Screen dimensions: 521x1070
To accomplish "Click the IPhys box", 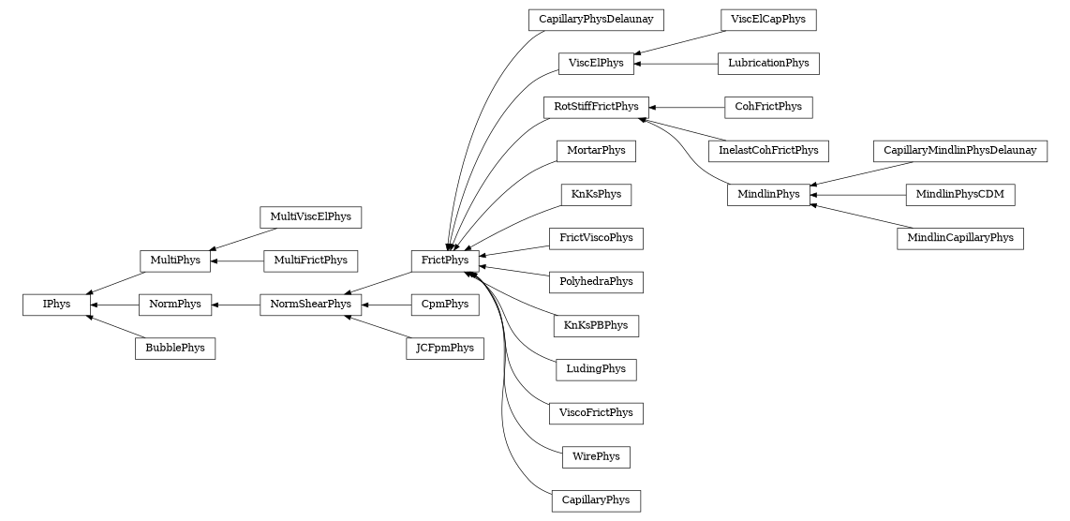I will pyautogui.click(x=56, y=305).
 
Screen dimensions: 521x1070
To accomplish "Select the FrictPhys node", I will pyautogui.click(x=445, y=260).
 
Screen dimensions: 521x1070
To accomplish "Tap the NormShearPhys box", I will pyautogui.click(x=310, y=305).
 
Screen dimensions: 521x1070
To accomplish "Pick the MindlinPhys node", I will pyautogui.click(x=768, y=195).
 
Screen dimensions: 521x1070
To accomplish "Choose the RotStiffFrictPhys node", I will pyautogui.click(x=596, y=107).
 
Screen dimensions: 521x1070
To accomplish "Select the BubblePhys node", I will pyautogui.click(x=175, y=349).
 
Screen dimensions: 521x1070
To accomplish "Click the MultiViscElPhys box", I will pyautogui.click(x=310, y=216).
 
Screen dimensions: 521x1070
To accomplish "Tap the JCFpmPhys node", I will pyautogui.click(x=445, y=349).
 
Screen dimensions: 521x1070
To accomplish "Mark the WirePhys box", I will pyautogui.click(x=596, y=457).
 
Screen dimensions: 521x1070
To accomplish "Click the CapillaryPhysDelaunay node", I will pyautogui.click(x=596, y=19).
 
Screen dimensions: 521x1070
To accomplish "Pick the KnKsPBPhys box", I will pyautogui.click(x=596, y=326).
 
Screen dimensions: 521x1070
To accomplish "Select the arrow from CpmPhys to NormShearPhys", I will pyautogui.click(x=386, y=305).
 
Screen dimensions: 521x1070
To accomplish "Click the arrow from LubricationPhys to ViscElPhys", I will pyautogui.click(x=675, y=64).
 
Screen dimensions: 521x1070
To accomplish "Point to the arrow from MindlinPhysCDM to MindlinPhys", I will pyautogui.click(x=857, y=195).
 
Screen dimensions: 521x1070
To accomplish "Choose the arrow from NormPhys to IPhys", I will pyautogui.click(x=114, y=305).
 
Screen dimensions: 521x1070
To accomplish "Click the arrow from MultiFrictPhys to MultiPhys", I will pyautogui.click(x=237, y=260).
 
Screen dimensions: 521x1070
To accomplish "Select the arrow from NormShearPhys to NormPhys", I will pyautogui.click(x=235, y=305).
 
